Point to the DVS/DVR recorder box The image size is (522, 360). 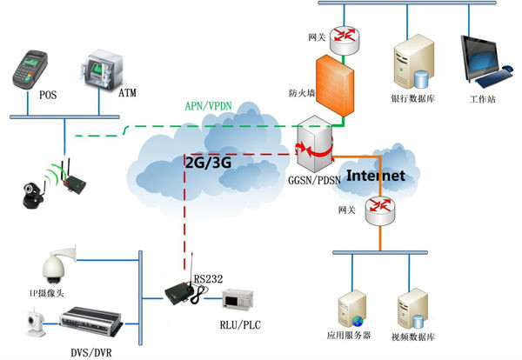coord(88,325)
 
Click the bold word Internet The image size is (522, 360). coord(376,176)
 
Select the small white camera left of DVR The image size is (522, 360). coord(32,324)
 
